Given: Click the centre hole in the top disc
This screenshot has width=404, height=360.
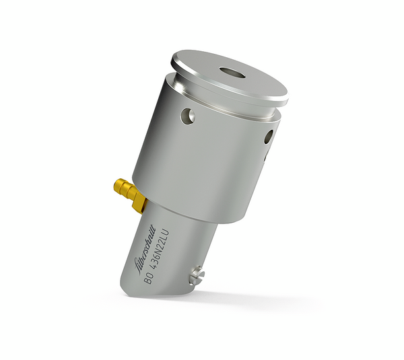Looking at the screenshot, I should (x=232, y=71).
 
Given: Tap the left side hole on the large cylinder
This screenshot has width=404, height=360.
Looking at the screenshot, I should (x=187, y=116).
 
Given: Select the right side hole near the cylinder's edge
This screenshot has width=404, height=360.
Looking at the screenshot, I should (x=268, y=137).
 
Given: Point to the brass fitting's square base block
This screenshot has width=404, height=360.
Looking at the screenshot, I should (x=137, y=198).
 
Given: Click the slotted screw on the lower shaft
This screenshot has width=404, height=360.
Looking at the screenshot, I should (x=196, y=274).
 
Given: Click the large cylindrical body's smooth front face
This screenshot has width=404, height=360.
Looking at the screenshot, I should (x=202, y=161).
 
